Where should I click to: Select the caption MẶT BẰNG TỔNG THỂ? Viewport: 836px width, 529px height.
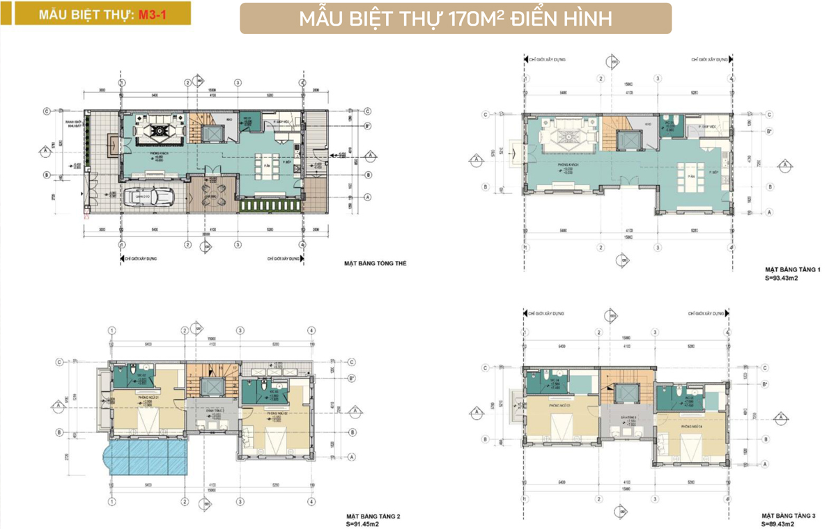[x=375, y=264]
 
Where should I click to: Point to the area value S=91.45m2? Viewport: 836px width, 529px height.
[x=368, y=523]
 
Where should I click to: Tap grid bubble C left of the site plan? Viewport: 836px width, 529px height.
[x=46, y=111]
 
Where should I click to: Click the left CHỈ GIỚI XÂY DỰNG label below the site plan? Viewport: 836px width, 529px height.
[x=142, y=258]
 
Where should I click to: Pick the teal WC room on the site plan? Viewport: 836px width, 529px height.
[x=248, y=121]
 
